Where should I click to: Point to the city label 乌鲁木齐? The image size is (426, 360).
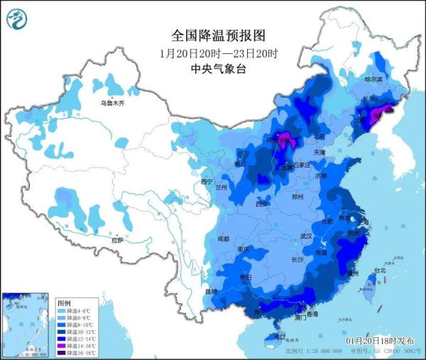pyautogui.click(x=111, y=104)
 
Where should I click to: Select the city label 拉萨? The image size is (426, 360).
pyautogui.click(x=117, y=241)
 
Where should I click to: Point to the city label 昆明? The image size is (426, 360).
pyautogui.click(x=210, y=292)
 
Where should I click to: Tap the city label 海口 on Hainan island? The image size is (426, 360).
pyautogui.click(x=279, y=336)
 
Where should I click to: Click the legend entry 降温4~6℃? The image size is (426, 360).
pyautogui.click(x=74, y=310)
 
